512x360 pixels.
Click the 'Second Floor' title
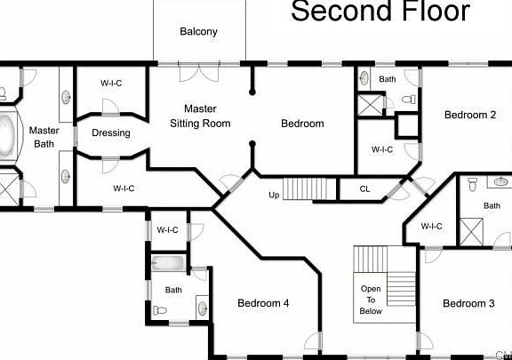(x=381, y=12)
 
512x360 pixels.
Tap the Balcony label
(x=198, y=32)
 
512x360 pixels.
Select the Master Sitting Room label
(x=200, y=116)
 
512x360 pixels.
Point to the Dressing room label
(x=111, y=133)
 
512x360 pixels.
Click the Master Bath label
(x=45, y=137)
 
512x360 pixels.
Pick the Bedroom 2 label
(x=470, y=115)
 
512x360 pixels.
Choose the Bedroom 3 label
(x=468, y=304)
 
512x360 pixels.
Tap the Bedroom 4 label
(x=263, y=304)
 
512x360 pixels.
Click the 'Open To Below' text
(x=372, y=300)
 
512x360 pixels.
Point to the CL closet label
(x=365, y=188)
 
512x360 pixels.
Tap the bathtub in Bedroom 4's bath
(x=168, y=264)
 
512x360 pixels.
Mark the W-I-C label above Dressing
(x=111, y=83)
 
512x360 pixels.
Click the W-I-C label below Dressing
(x=124, y=188)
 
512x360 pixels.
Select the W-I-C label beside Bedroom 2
(x=382, y=149)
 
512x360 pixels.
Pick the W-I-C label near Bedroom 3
(x=432, y=226)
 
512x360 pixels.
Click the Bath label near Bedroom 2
(x=388, y=79)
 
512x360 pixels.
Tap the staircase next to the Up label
(x=311, y=188)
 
